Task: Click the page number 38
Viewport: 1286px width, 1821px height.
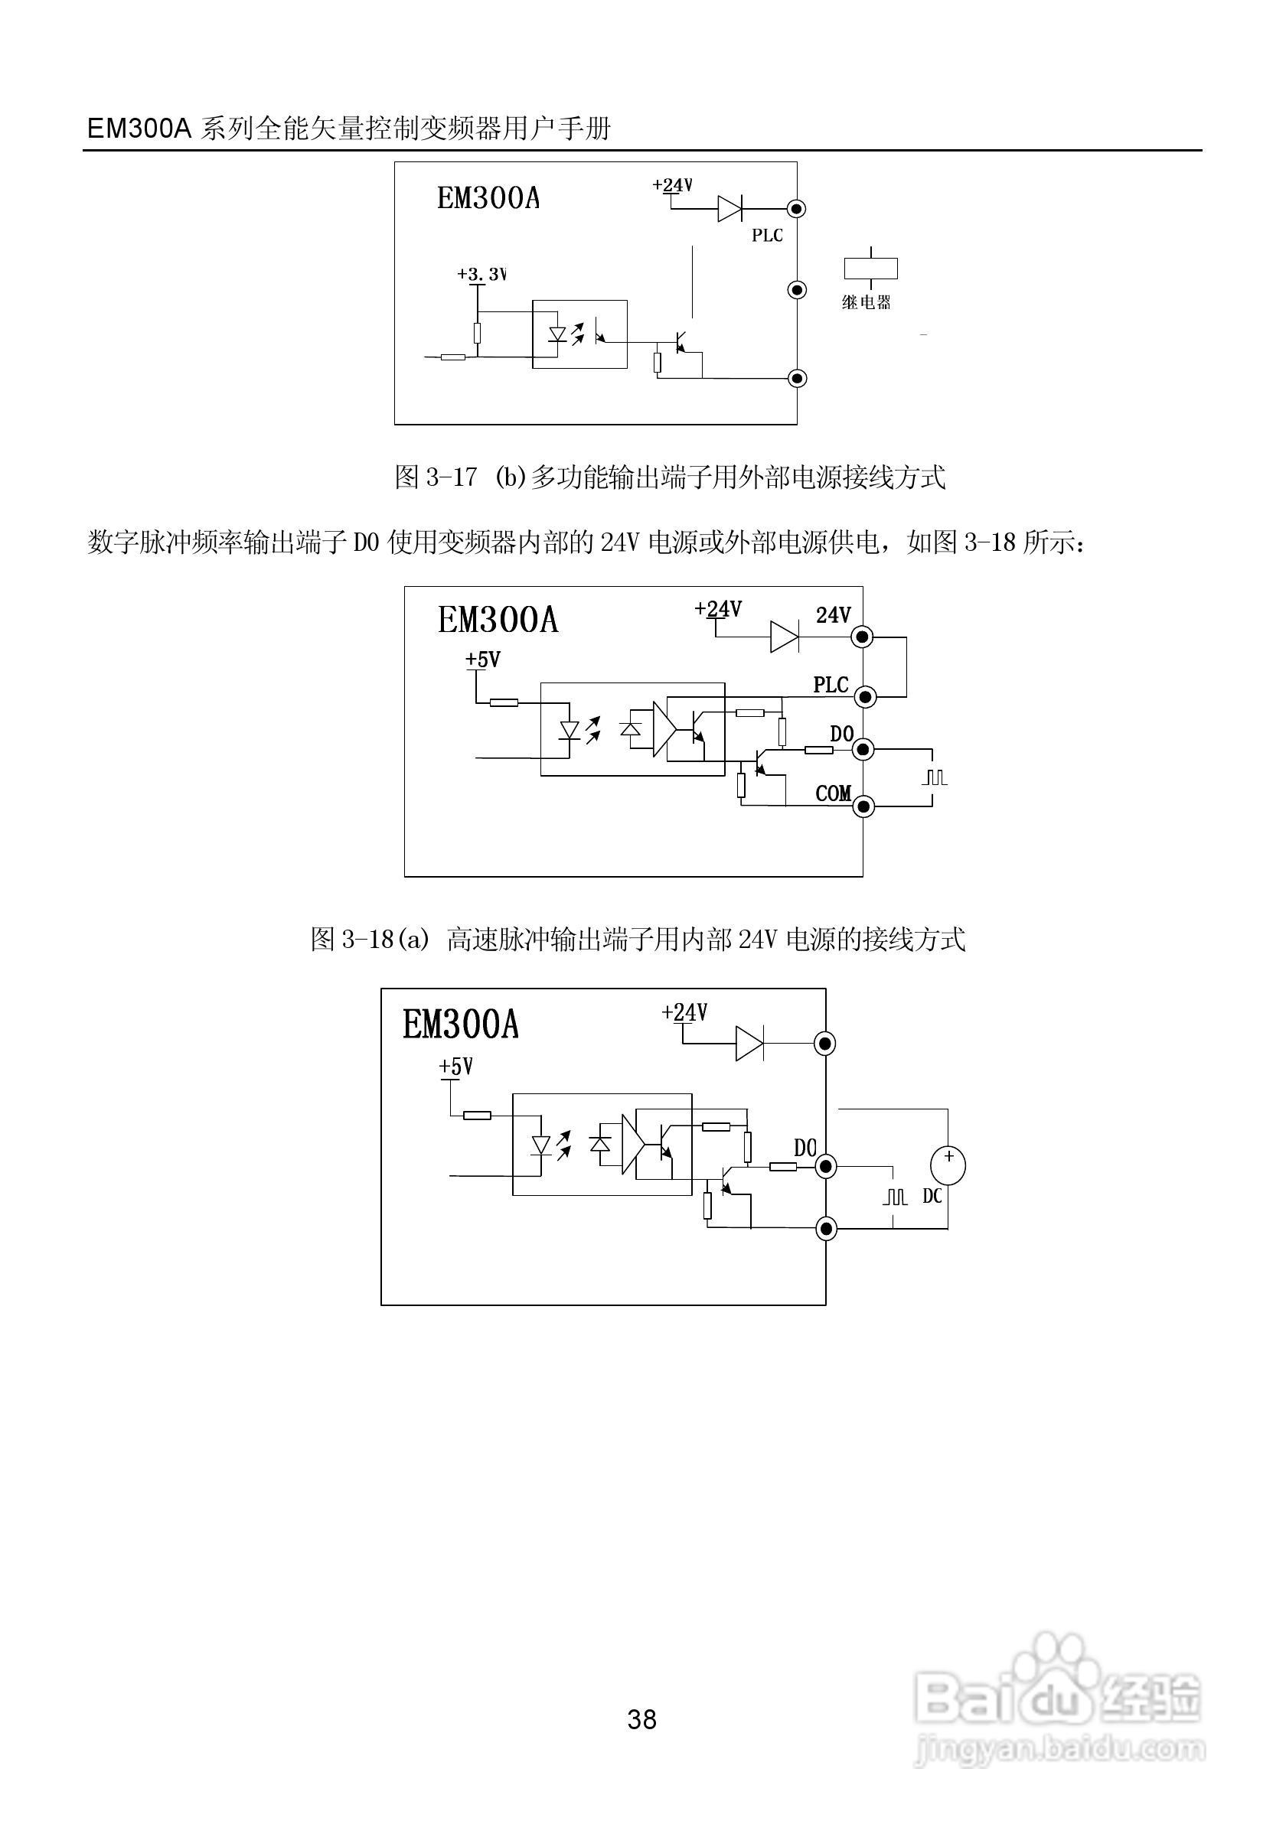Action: [x=641, y=1719]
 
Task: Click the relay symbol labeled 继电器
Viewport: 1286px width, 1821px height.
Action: [x=870, y=268]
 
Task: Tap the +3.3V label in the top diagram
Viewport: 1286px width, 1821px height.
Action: [x=481, y=275]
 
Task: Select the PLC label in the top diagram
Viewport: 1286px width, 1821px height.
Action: [x=767, y=236]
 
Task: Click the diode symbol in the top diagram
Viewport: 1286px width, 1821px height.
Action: [x=729, y=209]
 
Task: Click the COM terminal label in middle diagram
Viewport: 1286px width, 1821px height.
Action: [x=833, y=794]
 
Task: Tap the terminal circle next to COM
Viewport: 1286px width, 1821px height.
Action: [x=863, y=806]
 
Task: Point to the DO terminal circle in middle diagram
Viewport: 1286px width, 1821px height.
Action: [x=863, y=750]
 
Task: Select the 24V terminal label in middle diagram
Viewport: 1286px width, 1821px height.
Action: [x=833, y=615]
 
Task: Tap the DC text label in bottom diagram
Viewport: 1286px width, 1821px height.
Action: [x=932, y=1196]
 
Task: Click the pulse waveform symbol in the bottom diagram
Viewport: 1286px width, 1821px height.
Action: [x=895, y=1196]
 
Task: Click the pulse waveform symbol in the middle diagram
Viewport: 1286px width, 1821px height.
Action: [x=935, y=777]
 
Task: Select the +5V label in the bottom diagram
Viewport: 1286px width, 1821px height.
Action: [x=456, y=1067]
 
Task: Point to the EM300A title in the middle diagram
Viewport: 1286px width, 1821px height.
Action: [x=498, y=621]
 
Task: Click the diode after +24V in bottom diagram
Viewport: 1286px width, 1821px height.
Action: [x=749, y=1044]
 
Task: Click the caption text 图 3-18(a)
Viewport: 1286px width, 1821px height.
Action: [x=370, y=940]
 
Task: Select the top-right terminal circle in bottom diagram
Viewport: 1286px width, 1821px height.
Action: [x=826, y=1044]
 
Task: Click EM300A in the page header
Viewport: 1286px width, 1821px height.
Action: [x=139, y=129]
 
